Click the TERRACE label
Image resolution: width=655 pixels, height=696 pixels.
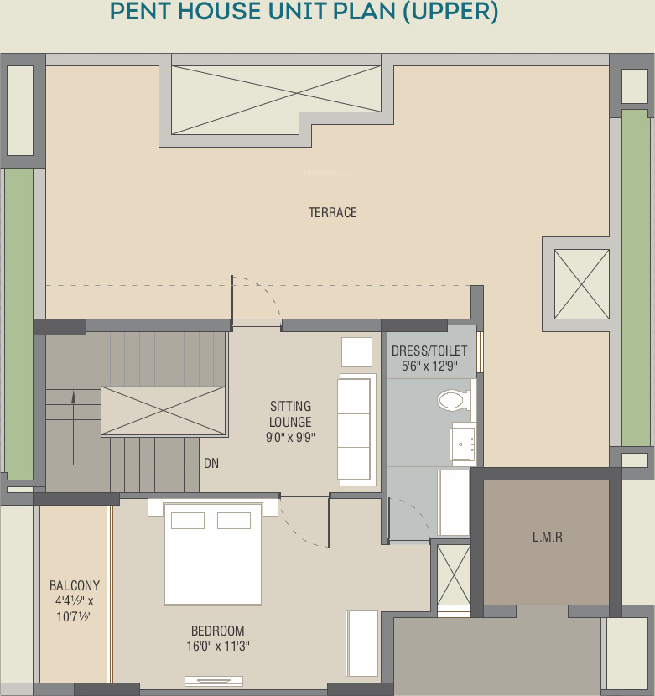tap(333, 213)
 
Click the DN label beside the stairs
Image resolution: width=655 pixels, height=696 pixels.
tap(211, 464)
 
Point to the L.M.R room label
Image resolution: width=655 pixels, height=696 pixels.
tap(548, 537)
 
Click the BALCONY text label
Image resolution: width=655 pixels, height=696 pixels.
tap(75, 585)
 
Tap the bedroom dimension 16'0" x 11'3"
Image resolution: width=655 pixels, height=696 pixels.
tap(217, 646)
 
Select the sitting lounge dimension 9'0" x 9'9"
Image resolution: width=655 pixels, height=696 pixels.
tap(290, 437)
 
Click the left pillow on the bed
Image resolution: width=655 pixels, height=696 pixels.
tap(188, 521)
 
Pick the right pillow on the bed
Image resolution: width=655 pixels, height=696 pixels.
tap(234, 521)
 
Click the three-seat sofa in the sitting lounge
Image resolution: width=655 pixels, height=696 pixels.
tap(356, 429)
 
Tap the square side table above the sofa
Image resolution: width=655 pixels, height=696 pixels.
tap(356, 352)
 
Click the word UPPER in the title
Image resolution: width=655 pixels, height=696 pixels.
tap(450, 11)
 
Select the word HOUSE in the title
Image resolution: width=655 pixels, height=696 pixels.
tap(220, 11)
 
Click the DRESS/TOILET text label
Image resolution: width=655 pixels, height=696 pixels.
tap(429, 351)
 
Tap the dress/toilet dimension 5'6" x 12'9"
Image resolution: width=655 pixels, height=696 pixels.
tap(429, 366)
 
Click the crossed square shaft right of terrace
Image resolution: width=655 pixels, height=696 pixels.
tap(582, 284)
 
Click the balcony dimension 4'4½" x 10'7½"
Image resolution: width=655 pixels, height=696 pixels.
tap(75, 609)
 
